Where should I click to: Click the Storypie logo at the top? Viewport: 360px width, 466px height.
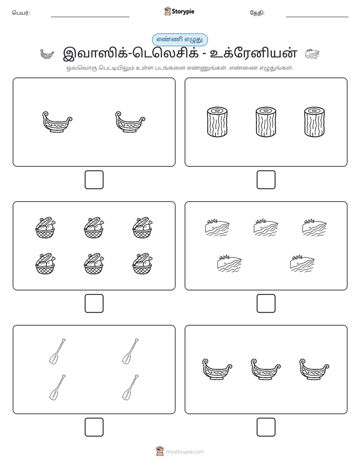[x=179, y=11]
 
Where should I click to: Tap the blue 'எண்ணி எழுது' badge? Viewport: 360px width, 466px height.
[x=179, y=39]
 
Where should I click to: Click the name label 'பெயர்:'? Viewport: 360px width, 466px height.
[x=21, y=13]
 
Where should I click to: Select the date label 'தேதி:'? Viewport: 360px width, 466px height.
[x=257, y=13]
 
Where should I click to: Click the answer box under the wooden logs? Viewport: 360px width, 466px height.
[x=266, y=180]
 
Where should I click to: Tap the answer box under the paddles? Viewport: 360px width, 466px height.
[x=94, y=427]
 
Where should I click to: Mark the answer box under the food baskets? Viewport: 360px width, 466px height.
[x=94, y=304]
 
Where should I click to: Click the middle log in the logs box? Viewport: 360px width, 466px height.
[x=266, y=122]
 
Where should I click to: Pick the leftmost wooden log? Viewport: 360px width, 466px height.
[x=217, y=122]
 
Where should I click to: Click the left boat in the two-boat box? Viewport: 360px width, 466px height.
[x=57, y=122]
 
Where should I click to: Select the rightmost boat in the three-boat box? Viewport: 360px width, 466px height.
[x=314, y=369]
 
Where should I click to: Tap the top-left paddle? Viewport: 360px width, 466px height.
[x=57, y=351]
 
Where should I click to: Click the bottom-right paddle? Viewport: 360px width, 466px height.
[x=131, y=387]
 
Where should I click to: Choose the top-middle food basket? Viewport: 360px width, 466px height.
[x=94, y=227]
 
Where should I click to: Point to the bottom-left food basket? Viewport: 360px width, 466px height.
[x=45, y=263]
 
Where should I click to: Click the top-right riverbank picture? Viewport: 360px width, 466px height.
[x=314, y=227]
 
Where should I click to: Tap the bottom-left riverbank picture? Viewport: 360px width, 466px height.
[x=229, y=263]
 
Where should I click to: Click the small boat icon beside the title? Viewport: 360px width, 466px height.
[x=47, y=54]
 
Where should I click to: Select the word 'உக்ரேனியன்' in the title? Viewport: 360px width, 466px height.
[x=254, y=53]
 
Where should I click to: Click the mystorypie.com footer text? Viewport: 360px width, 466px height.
[x=185, y=452]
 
